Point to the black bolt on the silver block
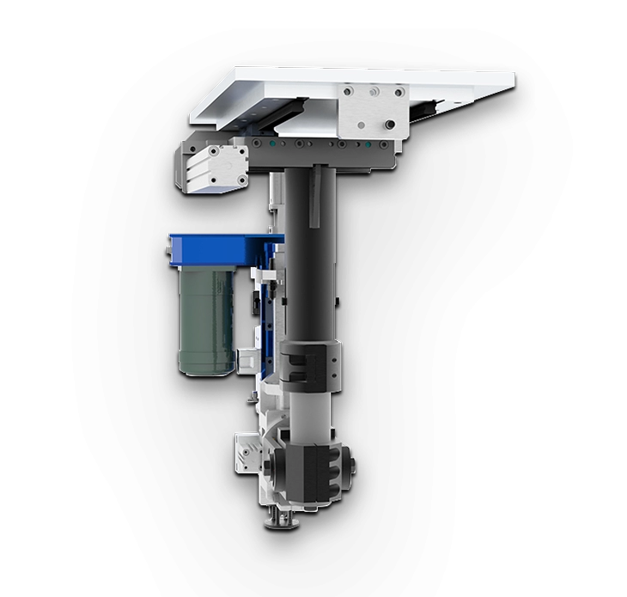[x=391, y=125]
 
